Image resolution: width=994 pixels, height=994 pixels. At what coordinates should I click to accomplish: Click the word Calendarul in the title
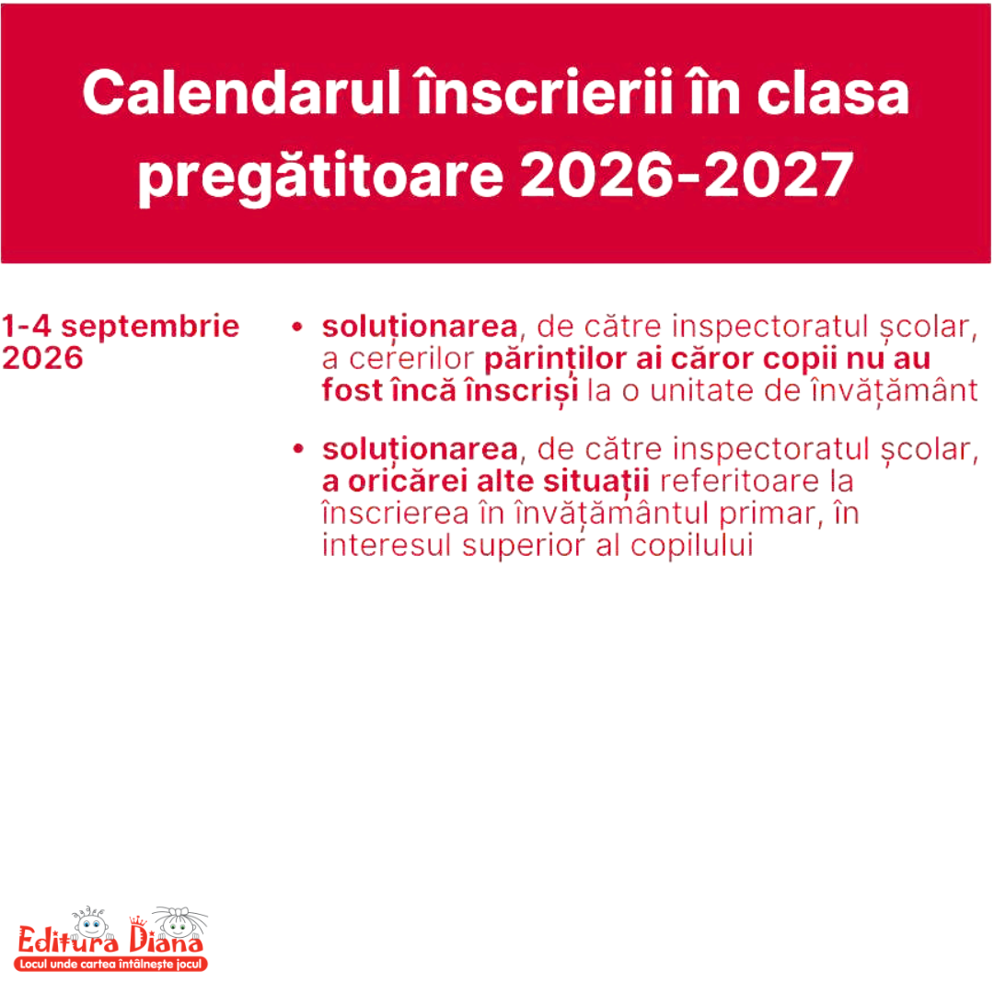click(x=241, y=93)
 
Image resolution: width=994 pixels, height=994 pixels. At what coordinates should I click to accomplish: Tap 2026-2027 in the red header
click(x=687, y=174)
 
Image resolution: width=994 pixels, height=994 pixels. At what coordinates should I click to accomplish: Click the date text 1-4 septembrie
click(x=121, y=327)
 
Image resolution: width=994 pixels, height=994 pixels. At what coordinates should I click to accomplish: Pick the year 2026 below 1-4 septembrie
click(x=42, y=358)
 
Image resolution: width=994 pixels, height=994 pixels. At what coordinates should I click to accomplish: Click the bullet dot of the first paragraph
click(x=297, y=327)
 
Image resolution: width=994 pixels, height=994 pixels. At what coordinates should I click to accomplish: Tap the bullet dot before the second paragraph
click(x=298, y=449)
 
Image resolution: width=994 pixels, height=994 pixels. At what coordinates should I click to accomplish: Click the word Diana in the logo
click(x=166, y=940)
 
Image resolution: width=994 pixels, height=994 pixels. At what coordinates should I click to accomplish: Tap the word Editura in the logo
click(x=68, y=940)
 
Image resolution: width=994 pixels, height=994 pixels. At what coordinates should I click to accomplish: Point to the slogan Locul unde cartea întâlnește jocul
click(x=111, y=965)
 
